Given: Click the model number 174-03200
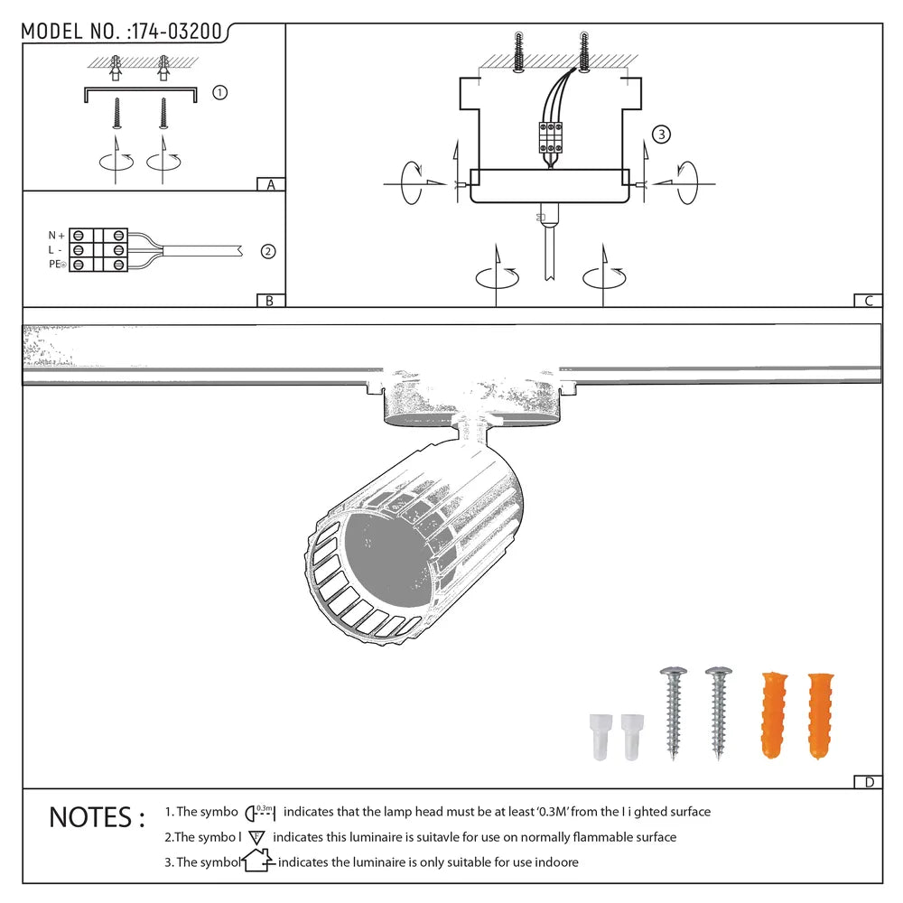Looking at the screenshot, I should coord(176,32).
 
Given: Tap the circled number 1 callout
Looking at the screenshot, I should coord(219,93).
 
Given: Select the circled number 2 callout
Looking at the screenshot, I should coord(267,252).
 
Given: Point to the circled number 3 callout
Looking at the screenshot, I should coord(661,135).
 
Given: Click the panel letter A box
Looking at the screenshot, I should coord(270,185).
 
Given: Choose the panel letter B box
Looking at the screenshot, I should coord(270,302).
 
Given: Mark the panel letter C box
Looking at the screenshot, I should coord(868,302).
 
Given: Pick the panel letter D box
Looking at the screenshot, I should coord(868,782).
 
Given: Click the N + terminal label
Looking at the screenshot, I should coord(57,235).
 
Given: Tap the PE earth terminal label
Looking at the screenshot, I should coord(57,265).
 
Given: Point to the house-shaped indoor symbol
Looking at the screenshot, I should coord(257,861).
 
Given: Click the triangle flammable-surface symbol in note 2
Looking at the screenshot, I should coord(255,837).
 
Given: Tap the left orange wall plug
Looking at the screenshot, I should coord(772,713).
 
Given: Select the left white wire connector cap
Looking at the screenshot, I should coord(599,737).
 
